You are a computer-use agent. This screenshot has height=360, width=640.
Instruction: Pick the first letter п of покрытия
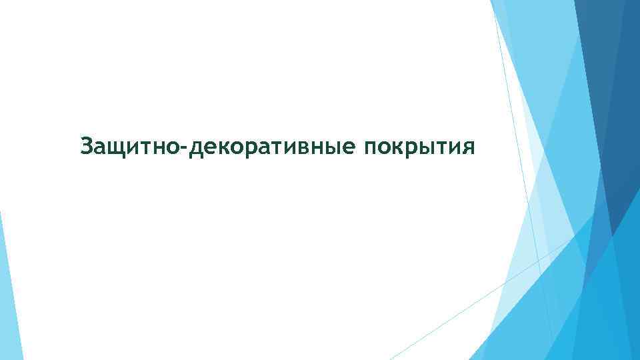[x=371, y=147]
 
